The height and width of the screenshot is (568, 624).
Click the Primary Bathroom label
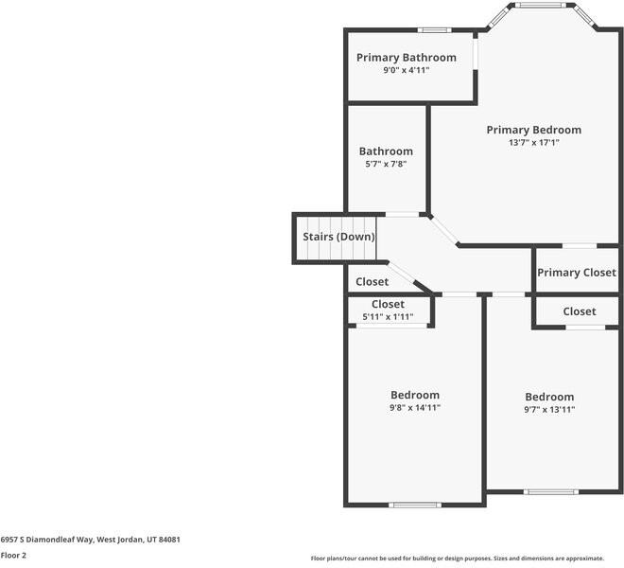click(407, 58)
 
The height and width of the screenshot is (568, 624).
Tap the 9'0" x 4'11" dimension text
click(407, 71)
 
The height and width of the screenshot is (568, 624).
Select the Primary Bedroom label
click(533, 130)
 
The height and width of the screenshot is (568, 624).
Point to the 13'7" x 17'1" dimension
click(533, 143)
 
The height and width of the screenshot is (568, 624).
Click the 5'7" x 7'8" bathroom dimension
click(386, 164)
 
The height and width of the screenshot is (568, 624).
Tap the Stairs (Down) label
click(338, 237)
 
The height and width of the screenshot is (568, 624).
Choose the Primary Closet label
click(577, 273)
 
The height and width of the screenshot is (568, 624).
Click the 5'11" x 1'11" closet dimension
click(388, 317)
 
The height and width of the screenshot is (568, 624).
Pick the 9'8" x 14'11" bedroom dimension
click(415, 408)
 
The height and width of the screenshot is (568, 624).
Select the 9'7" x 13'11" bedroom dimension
click(549, 409)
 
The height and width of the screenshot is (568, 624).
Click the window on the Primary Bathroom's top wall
click(435, 30)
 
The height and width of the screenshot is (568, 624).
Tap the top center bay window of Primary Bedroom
click(541, 5)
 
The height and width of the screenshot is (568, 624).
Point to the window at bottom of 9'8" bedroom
click(415, 505)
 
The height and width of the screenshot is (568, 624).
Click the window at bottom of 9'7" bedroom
click(551, 492)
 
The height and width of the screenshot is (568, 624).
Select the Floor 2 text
click(13, 556)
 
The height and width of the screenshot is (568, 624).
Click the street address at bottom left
click(90, 540)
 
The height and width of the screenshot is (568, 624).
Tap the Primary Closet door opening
click(580, 246)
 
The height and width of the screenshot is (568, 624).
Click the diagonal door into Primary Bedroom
click(444, 230)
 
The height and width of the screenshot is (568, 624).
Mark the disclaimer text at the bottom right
click(458, 559)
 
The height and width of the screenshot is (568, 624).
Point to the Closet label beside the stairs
click(373, 282)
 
